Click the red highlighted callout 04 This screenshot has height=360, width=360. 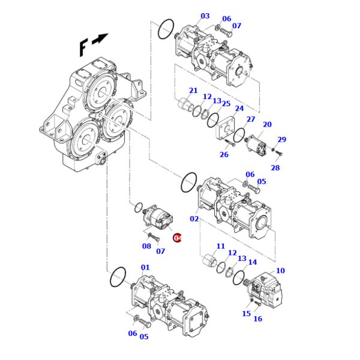[177, 238]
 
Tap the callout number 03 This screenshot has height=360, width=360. [205, 16]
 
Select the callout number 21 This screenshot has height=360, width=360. [193, 91]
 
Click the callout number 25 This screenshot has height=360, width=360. [226, 104]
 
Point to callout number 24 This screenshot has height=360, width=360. [239, 109]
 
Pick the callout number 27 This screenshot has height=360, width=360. [251, 119]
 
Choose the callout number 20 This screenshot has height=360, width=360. [267, 125]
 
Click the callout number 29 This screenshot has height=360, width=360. [281, 139]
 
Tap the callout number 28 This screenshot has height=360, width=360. [275, 168]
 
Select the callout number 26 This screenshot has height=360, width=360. [224, 155]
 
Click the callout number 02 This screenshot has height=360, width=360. [194, 219]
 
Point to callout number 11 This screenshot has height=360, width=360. [220, 246]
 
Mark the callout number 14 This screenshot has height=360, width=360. [252, 262]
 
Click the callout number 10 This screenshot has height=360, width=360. [280, 271]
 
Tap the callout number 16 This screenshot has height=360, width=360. [257, 319]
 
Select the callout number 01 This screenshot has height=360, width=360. [145, 268]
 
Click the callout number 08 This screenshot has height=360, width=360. [146, 246]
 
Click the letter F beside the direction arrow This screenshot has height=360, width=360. [84, 47]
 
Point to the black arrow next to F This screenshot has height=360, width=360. [101, 38]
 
